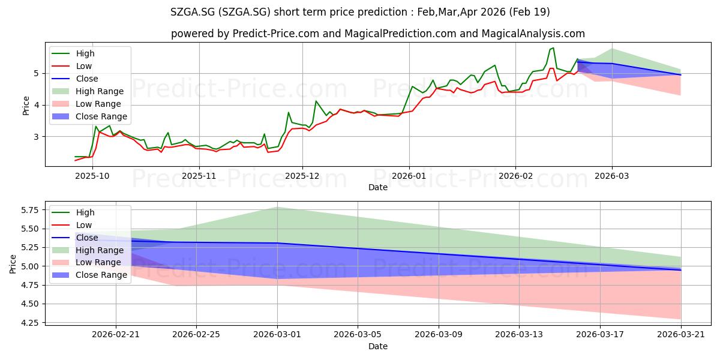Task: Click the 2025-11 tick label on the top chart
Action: pyautogui.click(x=199, y=176)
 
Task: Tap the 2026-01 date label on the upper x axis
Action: pyautogui.click(x=409, y=176)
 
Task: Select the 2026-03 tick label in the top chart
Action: pyautogui.click(x=611, y=176)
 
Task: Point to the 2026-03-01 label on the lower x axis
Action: pyautogui.click(x=277, y=334)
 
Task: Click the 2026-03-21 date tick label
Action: pyautogui.click(x=681, y=334)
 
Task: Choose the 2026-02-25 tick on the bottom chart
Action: pyautogui.click(x=196, y=334)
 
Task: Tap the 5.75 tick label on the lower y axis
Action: pyautogui.click(x=29, y=210)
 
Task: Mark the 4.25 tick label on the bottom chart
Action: pyautogui.click(x=29, y=323)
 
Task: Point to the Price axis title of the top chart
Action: pyautogui.click(x=26, y=106)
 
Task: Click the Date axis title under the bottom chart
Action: pyautogui.click(x=377, y=346)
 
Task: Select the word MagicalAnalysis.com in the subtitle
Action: pyautogui.click(x=533, y=34)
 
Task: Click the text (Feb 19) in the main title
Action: pyautogui.click(x=529, y=12)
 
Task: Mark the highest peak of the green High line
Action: pyautogui.click(x=553, y=48)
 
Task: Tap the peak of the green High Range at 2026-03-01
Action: pyautogui.click(x=277, y=207)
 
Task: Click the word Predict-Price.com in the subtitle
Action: pyautogui.click(x=276, y=34)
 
